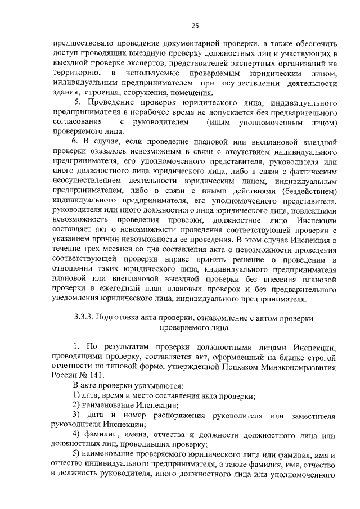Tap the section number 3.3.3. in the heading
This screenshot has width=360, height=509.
point(87,318)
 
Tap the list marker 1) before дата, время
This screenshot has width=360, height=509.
point(79,397)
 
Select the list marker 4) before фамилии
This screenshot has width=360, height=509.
point(79,436)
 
